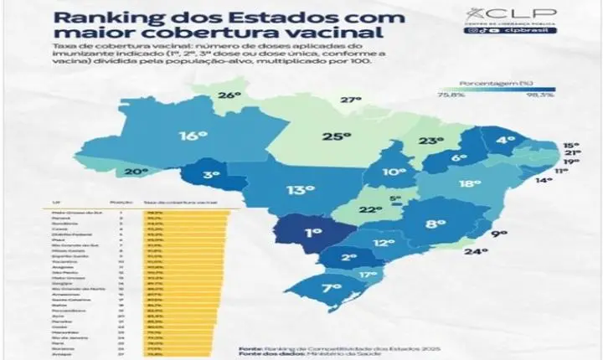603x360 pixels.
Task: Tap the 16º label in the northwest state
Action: pyautogui.click(x=192, y=136)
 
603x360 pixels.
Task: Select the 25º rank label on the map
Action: pyautogui.click(x=337, y=137)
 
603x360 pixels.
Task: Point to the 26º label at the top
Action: pyautogui.click(x=230, y=95)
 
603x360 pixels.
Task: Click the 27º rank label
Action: pyautogui.click(x=349, y=100)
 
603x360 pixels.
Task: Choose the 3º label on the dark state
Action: pyautogui.click(x=211, y=175)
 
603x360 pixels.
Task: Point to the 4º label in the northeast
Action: pyautogui.click(x=505, y=141)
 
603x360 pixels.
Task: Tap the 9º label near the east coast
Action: pyautogui.click(x=499, y=234)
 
